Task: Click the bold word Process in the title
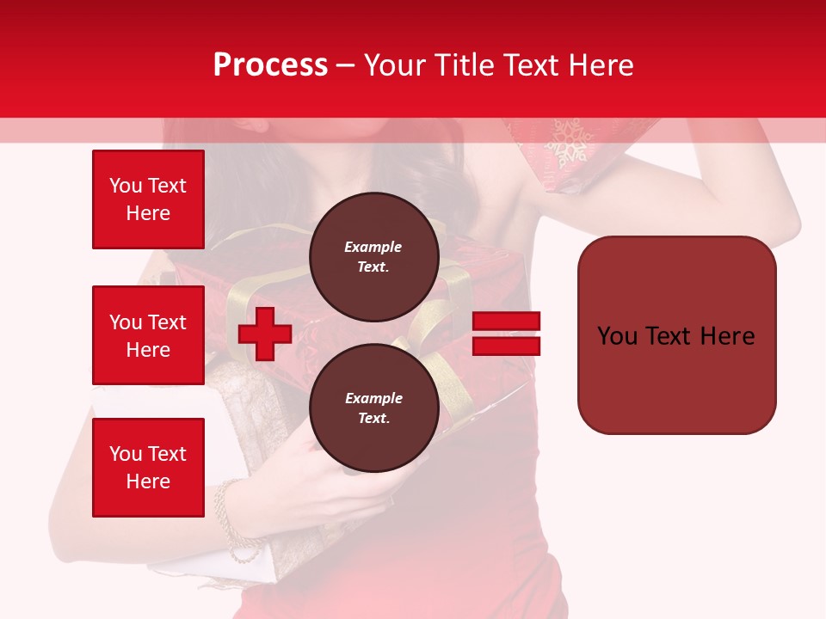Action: click(270, 65)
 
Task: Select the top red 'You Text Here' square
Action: click(148, 199)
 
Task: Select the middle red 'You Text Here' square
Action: click(148, 335)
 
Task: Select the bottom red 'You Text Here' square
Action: click(148, 467)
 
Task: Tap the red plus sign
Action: click(265, 334)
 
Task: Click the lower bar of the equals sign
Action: click(507, 346)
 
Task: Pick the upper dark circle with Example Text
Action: click(373, 256)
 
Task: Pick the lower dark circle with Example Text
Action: click(373, 408)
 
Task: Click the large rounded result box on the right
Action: click(676, 335)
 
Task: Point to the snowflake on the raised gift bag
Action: click(568, 143)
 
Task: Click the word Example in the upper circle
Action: click(373, 247)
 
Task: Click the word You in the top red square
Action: click(126, 186)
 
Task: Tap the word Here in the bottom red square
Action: click(148, 481)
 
